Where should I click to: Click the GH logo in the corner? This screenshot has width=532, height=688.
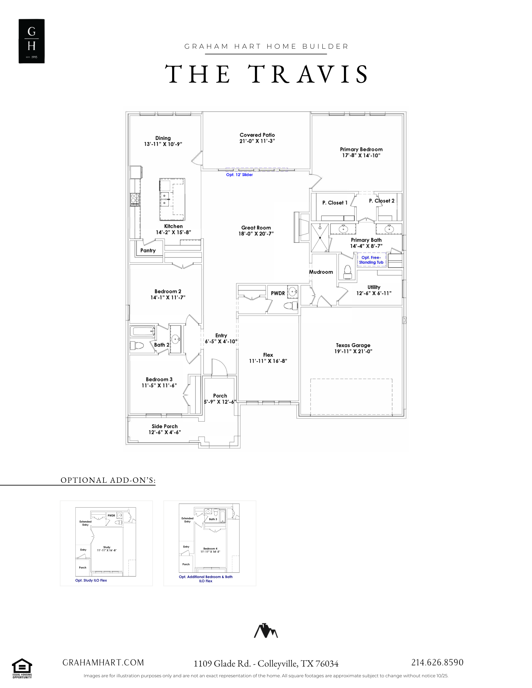(31, 41)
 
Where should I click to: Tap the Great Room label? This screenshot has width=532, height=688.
(256, 227)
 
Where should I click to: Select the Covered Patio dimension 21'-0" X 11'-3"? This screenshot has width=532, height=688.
(257, 141)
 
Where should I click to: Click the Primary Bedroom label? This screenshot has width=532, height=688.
(361, 149)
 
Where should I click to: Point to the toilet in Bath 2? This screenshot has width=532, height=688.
(137, 345)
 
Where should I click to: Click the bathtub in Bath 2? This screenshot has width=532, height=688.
(143, 331)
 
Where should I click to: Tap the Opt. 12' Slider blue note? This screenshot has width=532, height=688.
(240, 174)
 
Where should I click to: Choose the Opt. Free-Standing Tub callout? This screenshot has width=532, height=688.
(371, 260)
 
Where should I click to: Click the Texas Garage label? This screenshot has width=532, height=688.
(353, 345)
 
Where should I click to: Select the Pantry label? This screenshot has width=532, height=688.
(148, 250)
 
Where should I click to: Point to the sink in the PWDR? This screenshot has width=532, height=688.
(293, 291)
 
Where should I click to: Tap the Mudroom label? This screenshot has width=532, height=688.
(321, 272)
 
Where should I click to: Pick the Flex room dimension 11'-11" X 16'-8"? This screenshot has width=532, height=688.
(268, 361)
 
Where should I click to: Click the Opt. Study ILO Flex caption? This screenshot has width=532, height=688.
(91, 580)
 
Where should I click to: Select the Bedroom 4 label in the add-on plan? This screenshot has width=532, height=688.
(210, 548)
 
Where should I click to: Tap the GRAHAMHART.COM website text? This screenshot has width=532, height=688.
(103, 662)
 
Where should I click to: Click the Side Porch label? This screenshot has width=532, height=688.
(164, 426)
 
